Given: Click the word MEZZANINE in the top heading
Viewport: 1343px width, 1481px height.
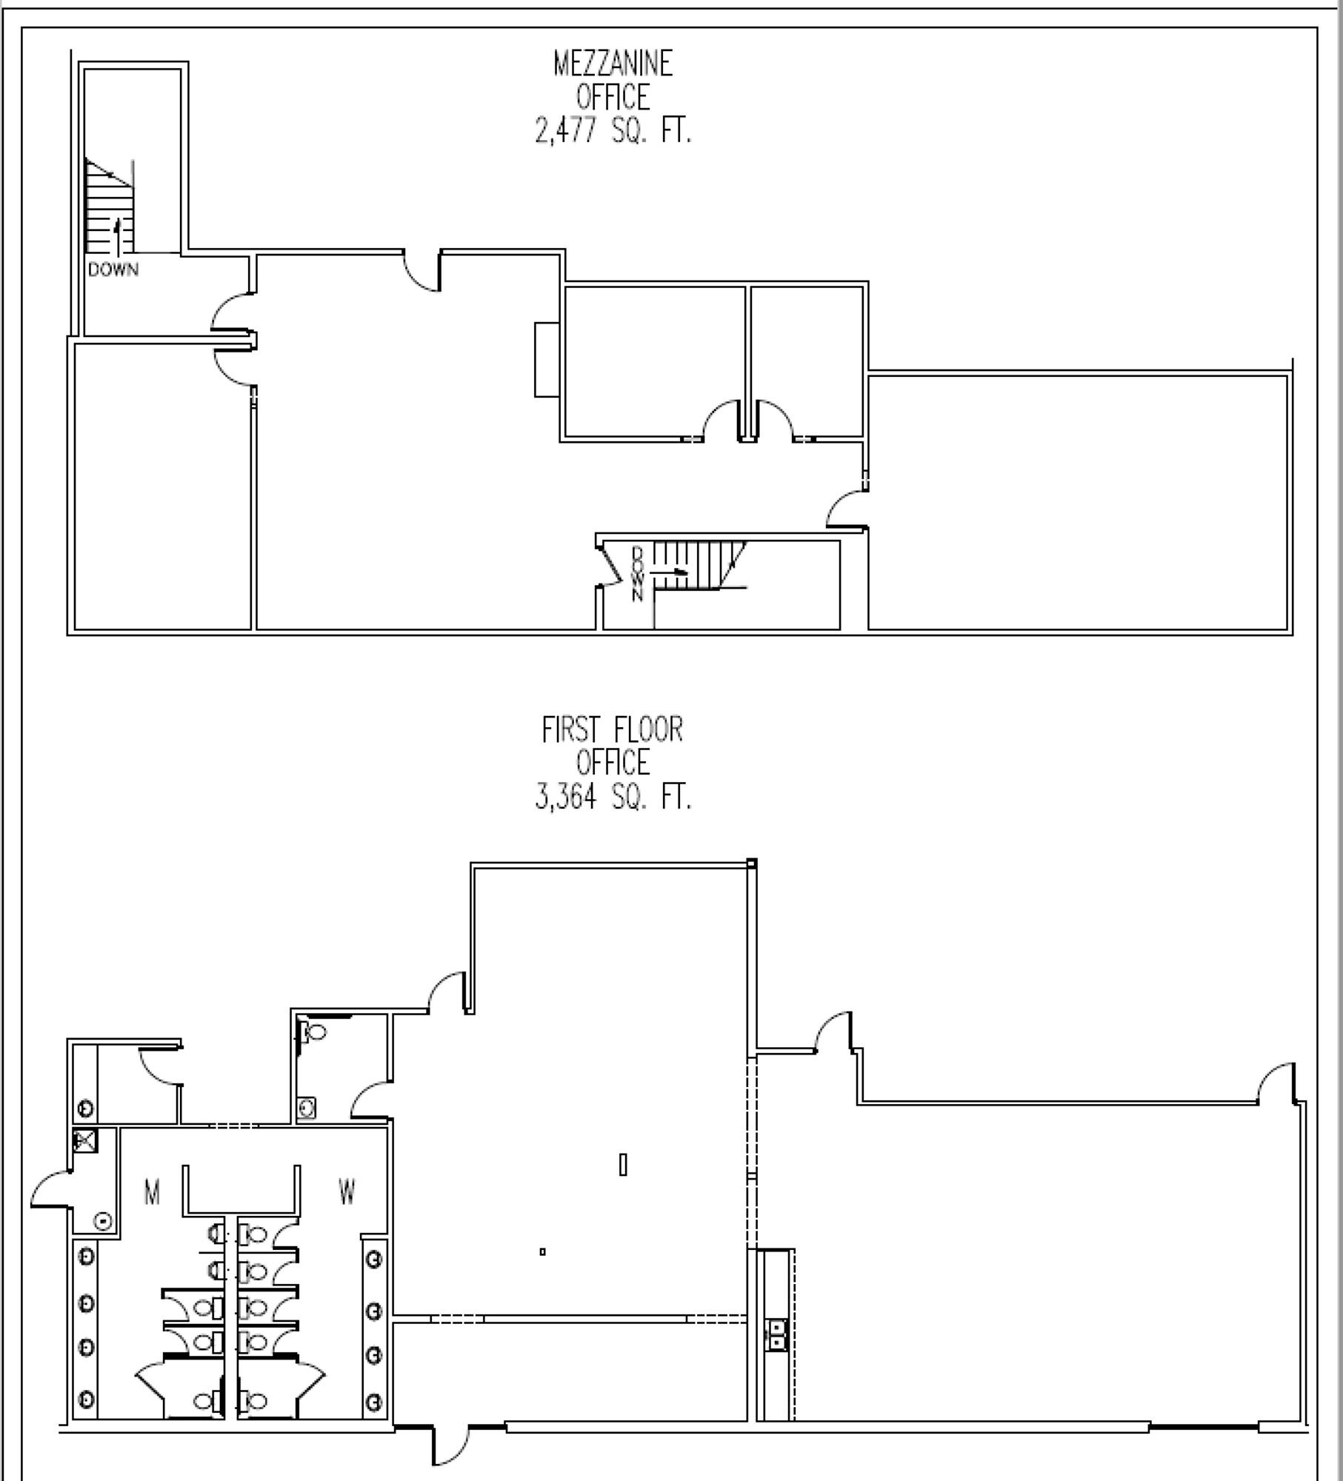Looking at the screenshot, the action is pyautogui.click(x=613, y=64).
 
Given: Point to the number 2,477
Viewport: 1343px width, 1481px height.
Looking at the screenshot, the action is pyautogui.click(x=565, y=131).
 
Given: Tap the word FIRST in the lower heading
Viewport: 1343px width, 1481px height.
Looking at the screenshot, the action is pyautogui.click(x=570, y=730).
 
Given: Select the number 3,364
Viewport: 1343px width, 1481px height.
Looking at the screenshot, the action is pyautogui.click(x=565, y=798).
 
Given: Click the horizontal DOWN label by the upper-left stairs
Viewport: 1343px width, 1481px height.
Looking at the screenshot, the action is pyautogui.click(x=113, y=270).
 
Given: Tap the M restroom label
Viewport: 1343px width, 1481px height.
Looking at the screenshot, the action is pyautogui.click(x=152, y=1193).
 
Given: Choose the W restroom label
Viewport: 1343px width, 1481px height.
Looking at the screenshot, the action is pyautogui.click(x=347, y=1192).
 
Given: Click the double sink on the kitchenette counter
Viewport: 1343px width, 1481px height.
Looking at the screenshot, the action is pyautogui.click(x=776, y=1334).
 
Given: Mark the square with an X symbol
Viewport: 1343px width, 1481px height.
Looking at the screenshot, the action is pyautogui.click(x=85, y=1141).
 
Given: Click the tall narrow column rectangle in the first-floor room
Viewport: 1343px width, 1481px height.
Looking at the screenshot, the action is pyautogui.click(x=623, y=1165).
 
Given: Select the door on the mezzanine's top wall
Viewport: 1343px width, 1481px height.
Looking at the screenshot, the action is pyautogui.click(x=422, y=272).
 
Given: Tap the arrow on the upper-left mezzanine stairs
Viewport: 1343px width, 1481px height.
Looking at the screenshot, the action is pyautogui.click(x=116, y=235).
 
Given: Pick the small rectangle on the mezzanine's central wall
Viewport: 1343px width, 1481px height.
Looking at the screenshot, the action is pyautogui.click(x=547, y=359).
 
